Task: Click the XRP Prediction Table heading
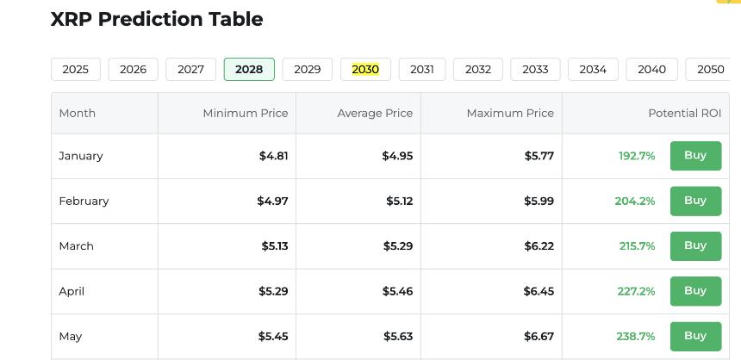pyautogui.click(x=157, y=19)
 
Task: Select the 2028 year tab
pyautogui.click(x=249, y=69)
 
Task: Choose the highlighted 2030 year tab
pyautogui.click(x=365, y=69)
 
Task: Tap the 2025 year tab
pyautogui.click(x=76, y=69)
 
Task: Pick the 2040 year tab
pyautogui.click(x=651, y=69)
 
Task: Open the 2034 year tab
pyautogui.click(x=593, y=69)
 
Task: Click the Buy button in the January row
pyautogui.click(x=695, y=156)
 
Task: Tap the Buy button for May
pyautogui.click(x=695, y=336)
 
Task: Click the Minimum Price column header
pyautogui.click(x=246, y=113)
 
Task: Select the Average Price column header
pyautogui.click(x=375, y=113)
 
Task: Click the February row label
pyautogui.click(x=84, y=201)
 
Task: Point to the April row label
pyautogui.click(x=72, y=291)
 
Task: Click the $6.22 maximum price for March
pyautogui.click(x=539, y=245)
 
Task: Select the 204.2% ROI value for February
pyautogui.click(x=635, y=201)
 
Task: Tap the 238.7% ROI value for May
pyautogui.click(x=636, y=336)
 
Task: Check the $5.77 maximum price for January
pyautogui.click(x=539, y=156)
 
